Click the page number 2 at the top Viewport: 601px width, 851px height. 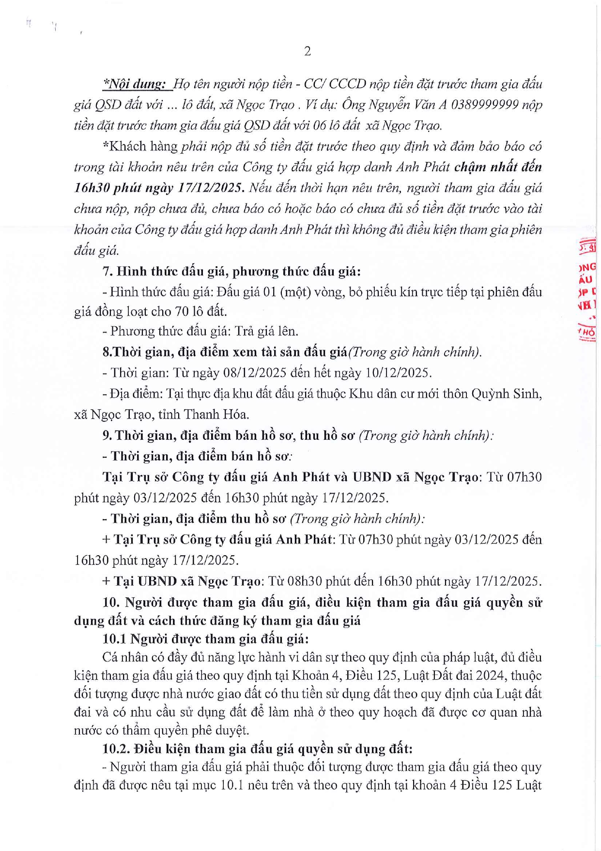(x=307, y=51)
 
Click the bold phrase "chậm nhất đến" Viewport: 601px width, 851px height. (x=498, y=167)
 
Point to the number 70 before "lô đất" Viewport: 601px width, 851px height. (x=184, y=311)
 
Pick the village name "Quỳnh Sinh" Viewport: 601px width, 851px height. (x=511, y=393)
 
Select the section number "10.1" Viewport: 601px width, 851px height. (x=114, y=639)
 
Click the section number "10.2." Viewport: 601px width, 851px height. (x=116, y=749)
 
